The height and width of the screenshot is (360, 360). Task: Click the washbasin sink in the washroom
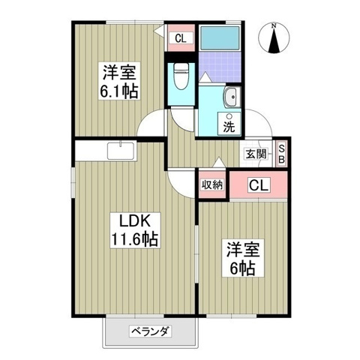click(231, 97)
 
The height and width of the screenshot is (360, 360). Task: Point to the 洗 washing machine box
click(229, 125)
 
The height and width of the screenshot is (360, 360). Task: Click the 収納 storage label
click(211, 184)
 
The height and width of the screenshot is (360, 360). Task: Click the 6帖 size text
click(241, 267)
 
